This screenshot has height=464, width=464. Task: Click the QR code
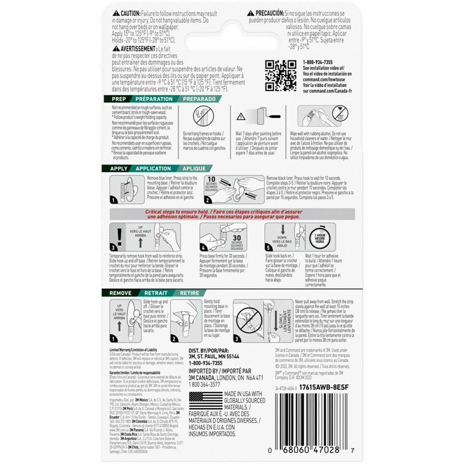280,76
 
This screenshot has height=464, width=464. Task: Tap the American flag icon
205,401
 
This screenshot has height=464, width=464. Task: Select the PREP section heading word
119,99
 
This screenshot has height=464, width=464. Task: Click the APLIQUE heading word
194,169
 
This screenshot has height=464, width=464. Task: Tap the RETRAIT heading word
156,293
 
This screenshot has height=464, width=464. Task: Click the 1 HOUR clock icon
320,238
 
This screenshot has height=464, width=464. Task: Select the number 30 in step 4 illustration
237,238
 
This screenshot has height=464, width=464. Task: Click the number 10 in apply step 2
211,179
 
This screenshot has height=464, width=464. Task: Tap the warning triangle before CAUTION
116,14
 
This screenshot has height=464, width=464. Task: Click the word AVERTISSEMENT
138,49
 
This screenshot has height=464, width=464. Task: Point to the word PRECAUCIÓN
269,14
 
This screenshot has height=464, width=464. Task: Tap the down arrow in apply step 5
283,229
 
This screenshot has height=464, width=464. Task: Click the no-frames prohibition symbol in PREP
203,116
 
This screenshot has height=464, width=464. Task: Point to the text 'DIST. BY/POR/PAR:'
209,351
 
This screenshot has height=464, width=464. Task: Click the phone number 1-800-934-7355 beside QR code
318,62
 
